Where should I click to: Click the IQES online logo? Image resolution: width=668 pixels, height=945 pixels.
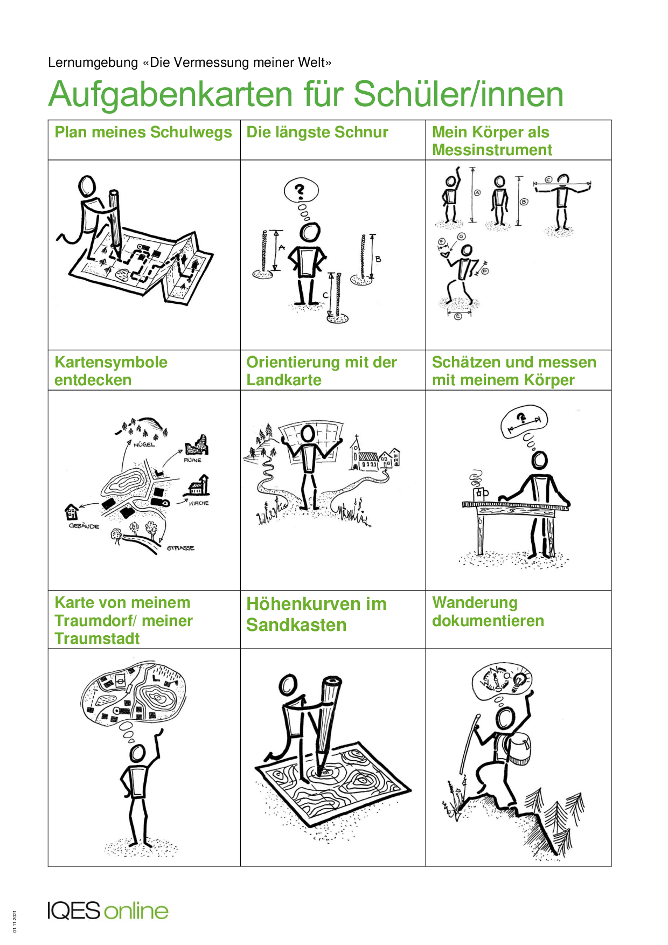pos(108,911)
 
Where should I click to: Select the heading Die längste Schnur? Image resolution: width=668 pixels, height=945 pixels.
pos(317,133)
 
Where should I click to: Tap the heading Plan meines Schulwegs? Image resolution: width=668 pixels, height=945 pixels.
pos(143,133)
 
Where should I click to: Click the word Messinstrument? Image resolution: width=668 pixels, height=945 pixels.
pos(492,150)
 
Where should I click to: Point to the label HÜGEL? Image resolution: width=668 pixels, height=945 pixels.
pos(144,444)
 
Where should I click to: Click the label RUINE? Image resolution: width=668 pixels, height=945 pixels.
pos(192,460)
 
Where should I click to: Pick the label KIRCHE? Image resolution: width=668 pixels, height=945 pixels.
pos(199,503)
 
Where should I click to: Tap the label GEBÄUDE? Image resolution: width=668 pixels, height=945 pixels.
pos(84,526)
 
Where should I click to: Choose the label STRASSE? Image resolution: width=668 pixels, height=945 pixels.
pos(180,548)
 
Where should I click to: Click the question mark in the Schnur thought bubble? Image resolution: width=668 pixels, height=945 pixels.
pos(301,191)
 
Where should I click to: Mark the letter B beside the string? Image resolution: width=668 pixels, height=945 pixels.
pos(378,259)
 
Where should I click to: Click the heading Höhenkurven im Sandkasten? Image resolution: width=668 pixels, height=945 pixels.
pos(316,614)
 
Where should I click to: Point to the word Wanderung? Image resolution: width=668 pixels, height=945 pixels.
pos(475,602)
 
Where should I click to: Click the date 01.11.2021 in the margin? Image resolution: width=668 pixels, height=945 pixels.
pos(15,921)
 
